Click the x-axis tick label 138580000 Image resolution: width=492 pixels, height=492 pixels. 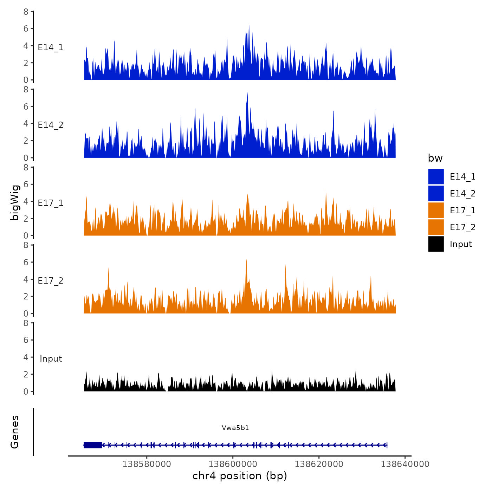point(147,464)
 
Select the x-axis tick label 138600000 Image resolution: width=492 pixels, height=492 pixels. point(233,464)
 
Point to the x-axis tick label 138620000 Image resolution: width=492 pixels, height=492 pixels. point(319,464)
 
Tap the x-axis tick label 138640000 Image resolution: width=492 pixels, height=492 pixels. point(405,464)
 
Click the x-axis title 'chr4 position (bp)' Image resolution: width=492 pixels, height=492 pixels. point(240,476)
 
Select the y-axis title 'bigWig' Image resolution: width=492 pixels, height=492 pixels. point(15,202)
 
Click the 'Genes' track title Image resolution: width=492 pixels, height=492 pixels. point(15,432)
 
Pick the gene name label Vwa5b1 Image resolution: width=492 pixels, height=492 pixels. point(235,428)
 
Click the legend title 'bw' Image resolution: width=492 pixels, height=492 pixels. point(435,158)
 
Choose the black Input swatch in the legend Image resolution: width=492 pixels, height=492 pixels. point(436,244)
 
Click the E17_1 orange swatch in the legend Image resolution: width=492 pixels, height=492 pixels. point(436,210)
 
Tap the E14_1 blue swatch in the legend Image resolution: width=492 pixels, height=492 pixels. point(436,176)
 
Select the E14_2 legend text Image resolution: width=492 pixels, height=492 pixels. point(462,194)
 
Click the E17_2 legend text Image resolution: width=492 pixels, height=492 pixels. point(462,227)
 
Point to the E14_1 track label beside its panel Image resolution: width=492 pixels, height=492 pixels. point(51,47)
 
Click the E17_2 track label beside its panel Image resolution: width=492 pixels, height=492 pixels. point(51,281)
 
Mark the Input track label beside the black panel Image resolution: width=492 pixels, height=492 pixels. point(51,359)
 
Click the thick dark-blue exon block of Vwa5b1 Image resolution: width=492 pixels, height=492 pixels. point(93,445)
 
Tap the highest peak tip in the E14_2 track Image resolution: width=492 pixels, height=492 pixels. point(247,93)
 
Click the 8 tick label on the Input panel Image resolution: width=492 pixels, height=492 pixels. point(26,323)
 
